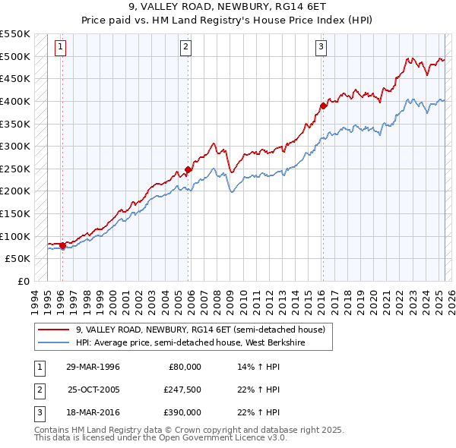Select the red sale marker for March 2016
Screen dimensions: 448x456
(x=323, y=106)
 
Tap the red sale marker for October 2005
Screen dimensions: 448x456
(x=188, y=170)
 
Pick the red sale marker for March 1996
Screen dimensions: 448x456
(x=62, y=245)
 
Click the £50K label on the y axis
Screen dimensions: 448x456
(x=18, y=258)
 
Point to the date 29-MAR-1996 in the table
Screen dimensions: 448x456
(x=93, y=367)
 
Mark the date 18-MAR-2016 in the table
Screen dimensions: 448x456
(x=93, y=412)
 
